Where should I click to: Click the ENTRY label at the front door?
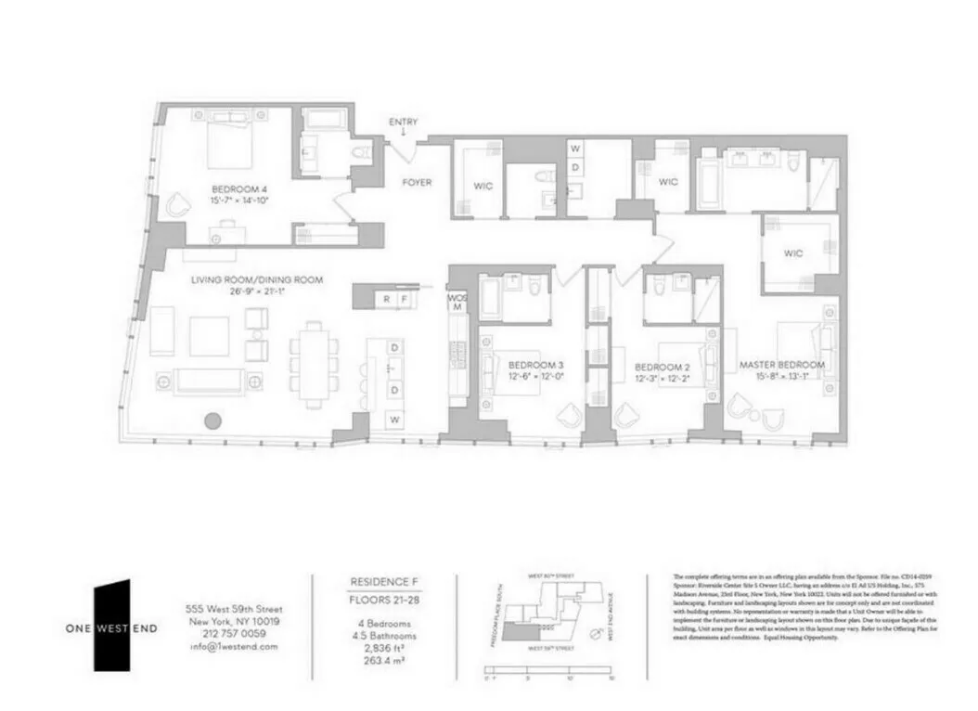click(x=403, y=123)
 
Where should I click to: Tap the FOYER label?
click(x=417, y=183)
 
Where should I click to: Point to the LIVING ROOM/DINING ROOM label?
click(x=257, y=280)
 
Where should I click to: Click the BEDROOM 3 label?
click(x=536, y=366)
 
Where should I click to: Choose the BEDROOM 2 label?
click(x=662, y=366)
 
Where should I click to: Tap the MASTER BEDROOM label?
click(x=781, y=366)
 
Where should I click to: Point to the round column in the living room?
click(x=212, y=420)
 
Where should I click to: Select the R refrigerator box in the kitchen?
click(x=387, y=299)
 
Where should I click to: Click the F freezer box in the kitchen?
click(x=405, y=299)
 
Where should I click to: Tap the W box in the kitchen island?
click(x=394, y=420)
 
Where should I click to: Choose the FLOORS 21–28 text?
click(x=382, y=600)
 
